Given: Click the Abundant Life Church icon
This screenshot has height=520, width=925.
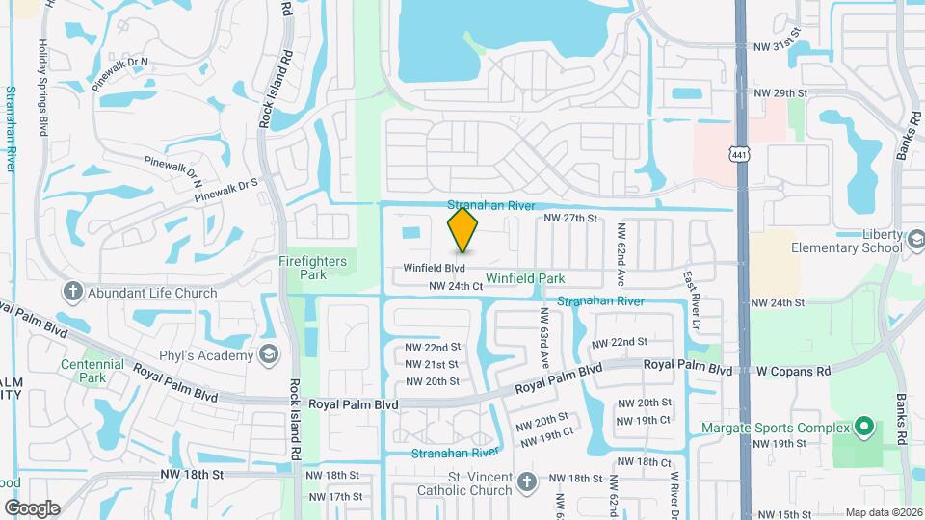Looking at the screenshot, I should pos(73,292).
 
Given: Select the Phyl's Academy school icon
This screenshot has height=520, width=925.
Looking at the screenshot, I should pos(269,354).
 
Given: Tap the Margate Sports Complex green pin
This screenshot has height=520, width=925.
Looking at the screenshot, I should pos(864,427).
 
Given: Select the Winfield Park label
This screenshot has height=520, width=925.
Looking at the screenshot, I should pos(525,278).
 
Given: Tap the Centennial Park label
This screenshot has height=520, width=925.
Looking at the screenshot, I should pos(92,371).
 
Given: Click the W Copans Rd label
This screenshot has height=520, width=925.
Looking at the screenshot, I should pos(793,371).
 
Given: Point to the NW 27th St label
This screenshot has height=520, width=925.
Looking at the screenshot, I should pos(571,219).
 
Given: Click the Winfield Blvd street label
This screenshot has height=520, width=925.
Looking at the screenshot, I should pos(435,268).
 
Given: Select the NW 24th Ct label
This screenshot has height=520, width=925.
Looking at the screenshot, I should pos(455,286).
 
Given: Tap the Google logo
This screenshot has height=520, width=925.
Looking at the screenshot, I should pos(33,507).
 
